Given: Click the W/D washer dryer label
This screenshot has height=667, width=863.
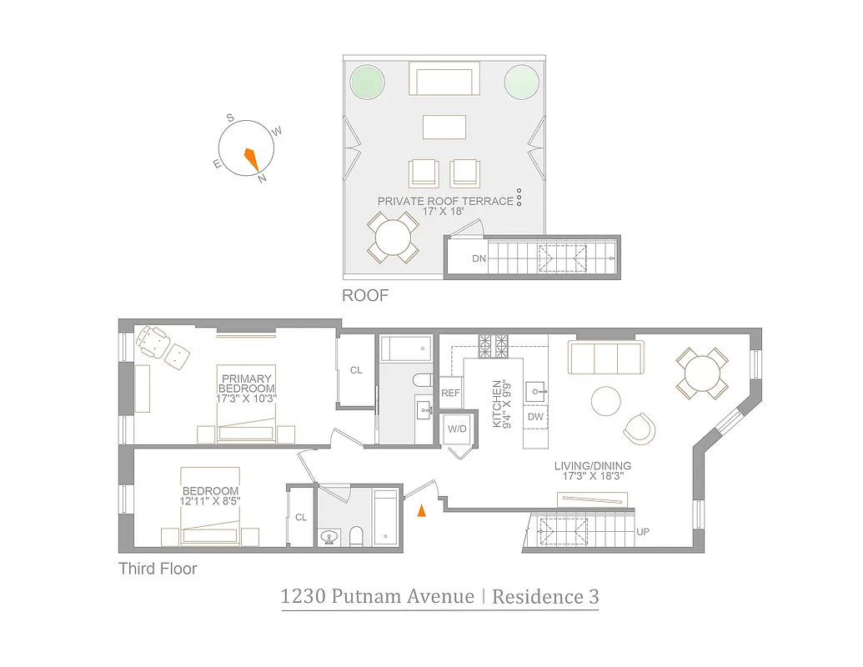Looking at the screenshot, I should click(457, 429).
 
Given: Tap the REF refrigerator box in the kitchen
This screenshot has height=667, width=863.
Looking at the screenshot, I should click(450, 393).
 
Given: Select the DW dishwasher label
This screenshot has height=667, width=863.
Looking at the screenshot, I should click(534, 416).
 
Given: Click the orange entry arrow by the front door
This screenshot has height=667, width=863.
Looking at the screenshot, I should click(421, 510).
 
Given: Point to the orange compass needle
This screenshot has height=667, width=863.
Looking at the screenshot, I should click(250, 157).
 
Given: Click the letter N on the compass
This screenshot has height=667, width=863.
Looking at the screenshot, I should click(262, 178).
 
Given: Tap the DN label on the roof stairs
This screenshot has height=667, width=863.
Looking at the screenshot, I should click(479, 258).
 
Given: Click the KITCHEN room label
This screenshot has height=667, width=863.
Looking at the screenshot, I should click(497, 404).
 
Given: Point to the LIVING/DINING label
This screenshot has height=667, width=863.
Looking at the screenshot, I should click(593, 465).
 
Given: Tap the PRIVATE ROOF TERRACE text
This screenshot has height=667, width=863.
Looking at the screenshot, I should click(445, 201).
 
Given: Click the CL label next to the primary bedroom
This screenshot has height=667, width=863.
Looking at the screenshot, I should click(356, 370).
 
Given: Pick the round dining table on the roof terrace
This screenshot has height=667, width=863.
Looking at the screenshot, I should click(392, 238).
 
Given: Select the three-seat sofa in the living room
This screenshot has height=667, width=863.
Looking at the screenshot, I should click(605, 358).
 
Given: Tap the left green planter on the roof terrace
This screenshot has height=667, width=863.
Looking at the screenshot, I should click(367, 82).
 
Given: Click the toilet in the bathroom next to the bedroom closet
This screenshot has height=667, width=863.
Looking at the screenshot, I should click(357, 535).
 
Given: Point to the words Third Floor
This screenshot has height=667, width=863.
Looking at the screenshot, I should click(158, 569).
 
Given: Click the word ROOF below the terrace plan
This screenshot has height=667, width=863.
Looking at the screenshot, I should click(365, 296).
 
